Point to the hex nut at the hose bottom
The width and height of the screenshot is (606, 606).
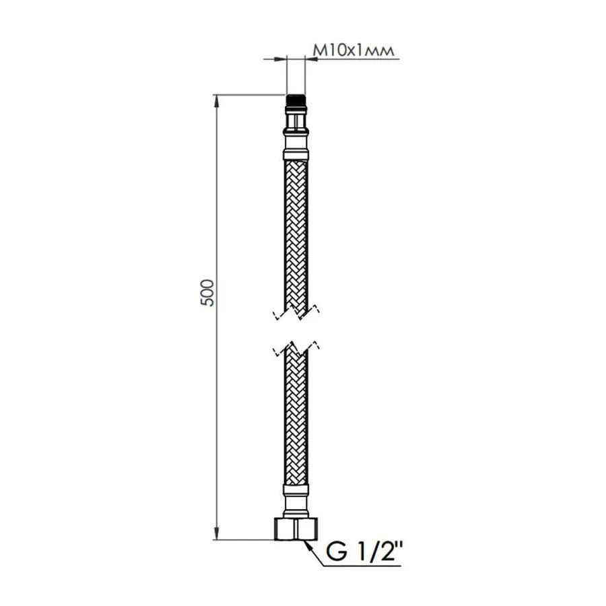point(296,529)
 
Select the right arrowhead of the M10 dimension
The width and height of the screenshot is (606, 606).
point(310,59)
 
